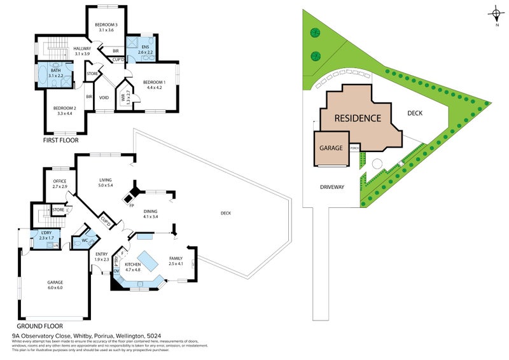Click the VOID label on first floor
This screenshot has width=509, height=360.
pyautogui.click(x=104, y=98)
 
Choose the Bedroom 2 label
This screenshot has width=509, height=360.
pyautogui.click(x=64, y=111)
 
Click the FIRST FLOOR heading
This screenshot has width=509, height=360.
pyautogui.click(x=60, y=140)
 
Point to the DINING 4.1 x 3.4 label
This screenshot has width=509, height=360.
pyautogui.click(x=151, y=214)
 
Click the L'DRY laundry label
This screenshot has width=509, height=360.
pyautogui.click(x=46, y=235)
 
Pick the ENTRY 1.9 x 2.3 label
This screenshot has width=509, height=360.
pyautogui.click(x=102, y=256)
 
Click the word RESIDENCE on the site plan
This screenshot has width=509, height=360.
pyautogui.click(x=358, y=118)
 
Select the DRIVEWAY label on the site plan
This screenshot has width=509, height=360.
pyautogui.click(x=331, y=187)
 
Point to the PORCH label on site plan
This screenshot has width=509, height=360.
pyautogui.click(x=354, y=148)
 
